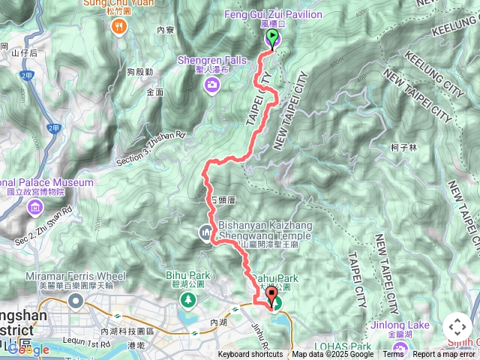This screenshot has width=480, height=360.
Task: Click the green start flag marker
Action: (272, 37)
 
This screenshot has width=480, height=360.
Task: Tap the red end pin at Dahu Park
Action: (270, 295)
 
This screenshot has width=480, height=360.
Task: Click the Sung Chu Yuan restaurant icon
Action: (118, 27)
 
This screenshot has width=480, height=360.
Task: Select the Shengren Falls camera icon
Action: (213, 84)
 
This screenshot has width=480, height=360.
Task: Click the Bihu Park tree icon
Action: (186, 301)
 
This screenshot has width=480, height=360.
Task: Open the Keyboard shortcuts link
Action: (250, 355)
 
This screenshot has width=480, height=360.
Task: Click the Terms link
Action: (392, 355)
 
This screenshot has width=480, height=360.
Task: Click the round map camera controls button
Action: (457, 327)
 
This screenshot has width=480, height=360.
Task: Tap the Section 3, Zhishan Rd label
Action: (150, 151)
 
